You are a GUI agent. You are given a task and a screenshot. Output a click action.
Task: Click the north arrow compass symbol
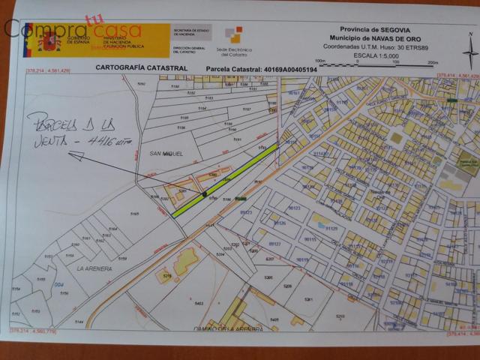(468, 52)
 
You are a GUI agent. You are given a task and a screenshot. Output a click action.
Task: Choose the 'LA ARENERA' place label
(94, 268)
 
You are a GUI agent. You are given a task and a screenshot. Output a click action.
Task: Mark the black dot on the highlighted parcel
(205, 194)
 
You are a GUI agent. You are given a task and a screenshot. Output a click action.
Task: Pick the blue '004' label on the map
(59, 283)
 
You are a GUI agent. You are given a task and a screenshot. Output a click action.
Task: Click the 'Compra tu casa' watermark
(72, 31)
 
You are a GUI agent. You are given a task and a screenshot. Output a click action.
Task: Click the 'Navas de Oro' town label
(376, 193)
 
